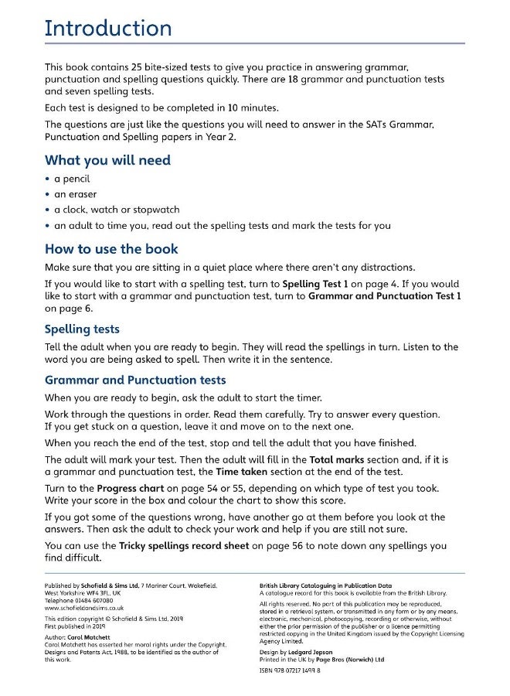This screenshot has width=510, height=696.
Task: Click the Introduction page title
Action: (x=108, y=29)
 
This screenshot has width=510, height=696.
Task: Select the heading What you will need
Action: (x=107, y=160)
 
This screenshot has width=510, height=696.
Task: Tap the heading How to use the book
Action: (x=111, y=249)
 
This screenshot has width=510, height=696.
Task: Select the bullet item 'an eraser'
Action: (x=75, y=194)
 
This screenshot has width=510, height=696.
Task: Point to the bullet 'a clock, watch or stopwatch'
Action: (x=116, y=210)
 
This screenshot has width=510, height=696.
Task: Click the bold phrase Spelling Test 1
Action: (x=316, y=284)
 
